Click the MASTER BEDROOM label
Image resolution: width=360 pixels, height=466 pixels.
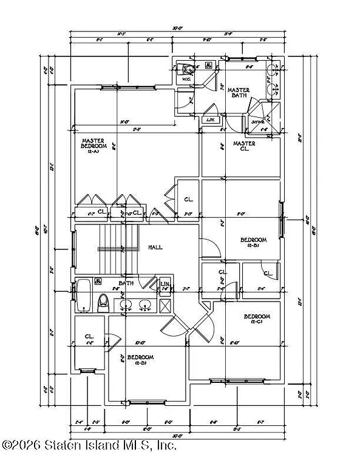(x=94, y=143)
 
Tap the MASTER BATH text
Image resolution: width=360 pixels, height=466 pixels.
(x=238, y=93)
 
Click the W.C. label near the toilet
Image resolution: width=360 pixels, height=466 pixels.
(x=187, y=79)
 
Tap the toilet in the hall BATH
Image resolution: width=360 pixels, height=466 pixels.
(x=103, y=302)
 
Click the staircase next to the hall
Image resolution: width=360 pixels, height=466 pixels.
(x=113, y=249)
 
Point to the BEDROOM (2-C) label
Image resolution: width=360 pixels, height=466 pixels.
(x=257, y=319)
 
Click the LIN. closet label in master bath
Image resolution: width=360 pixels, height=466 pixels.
(x=210, y=119)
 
